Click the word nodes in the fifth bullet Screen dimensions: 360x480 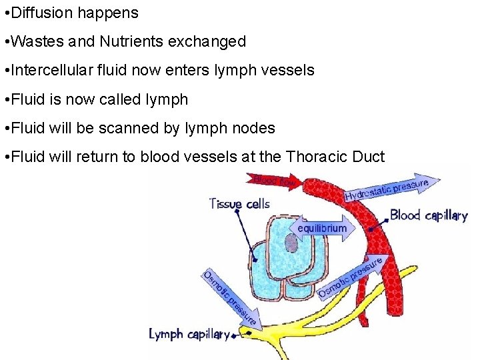[x=253, y=128]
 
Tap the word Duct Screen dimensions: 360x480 [x=369, y=157]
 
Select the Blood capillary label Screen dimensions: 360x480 [x=428, y=215]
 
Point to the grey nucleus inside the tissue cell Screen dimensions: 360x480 [x=291, y=243]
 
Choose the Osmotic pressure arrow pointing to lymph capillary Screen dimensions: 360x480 [x=231, y=299]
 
